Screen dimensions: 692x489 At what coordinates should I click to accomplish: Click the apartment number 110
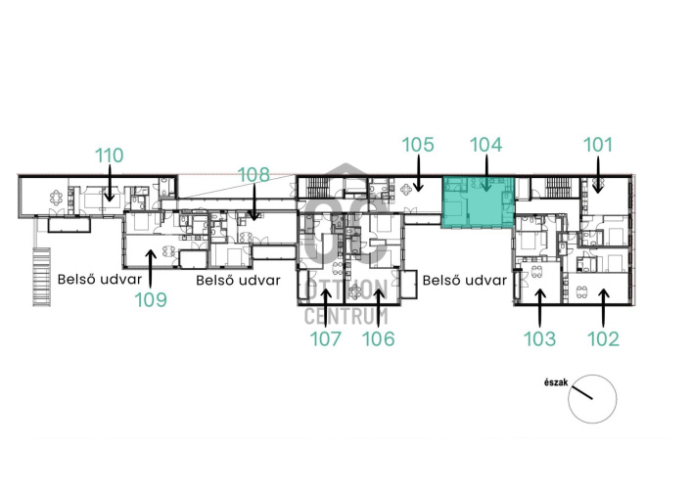pos(110,156)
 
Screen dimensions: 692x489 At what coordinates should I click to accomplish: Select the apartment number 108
pos(254,175)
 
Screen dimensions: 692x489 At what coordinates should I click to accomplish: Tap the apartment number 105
pos(418,145)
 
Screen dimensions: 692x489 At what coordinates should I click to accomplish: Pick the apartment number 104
pos(485,145)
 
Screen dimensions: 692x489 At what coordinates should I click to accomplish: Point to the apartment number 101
pos(598,145)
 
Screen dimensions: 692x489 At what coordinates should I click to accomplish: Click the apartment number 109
pos(151,300)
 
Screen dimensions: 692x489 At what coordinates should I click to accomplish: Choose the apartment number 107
pos(326,338)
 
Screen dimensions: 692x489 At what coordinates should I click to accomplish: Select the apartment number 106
pos(378,338)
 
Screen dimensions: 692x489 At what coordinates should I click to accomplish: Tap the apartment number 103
pos(539,338)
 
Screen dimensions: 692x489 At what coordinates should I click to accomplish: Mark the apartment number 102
pos(603,338)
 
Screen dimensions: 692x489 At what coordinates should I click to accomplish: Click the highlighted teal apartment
pos(479,202)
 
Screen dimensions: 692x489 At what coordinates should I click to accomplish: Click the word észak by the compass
pos(556,382)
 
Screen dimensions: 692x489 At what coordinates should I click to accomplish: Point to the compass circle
pos(592,376)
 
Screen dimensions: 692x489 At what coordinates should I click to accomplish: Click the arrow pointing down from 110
pos(109,184)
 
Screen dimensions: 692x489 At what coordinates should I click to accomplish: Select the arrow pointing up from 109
pos(151,269)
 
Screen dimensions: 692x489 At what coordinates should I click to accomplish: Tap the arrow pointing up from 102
pos(604,308)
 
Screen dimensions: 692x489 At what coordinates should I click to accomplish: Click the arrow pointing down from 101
pos(598,175)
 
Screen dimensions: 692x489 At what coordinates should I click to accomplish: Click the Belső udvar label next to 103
pos(465,281)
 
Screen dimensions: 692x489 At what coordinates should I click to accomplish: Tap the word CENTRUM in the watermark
pos(346,317)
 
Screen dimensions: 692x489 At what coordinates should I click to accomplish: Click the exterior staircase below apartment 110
pos(41,277)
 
